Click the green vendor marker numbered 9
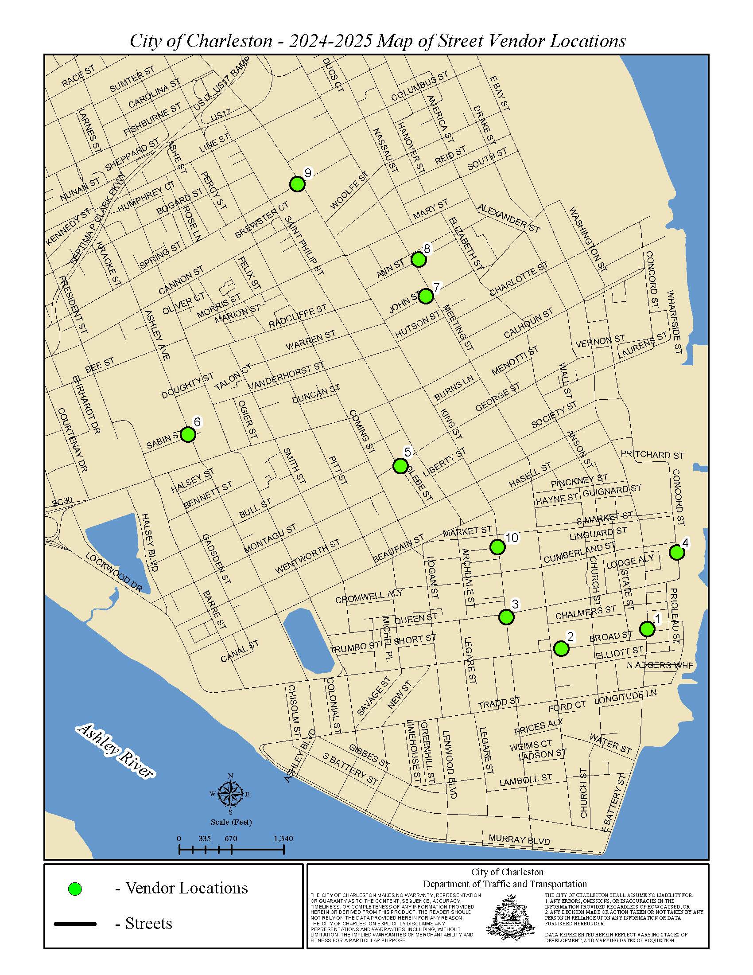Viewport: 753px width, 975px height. [x=297, y=184]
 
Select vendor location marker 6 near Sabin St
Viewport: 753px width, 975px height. [x=188, y=434]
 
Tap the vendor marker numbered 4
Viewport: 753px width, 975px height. [x=677, y=552]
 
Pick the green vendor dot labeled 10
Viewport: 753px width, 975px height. [x=497, y=546]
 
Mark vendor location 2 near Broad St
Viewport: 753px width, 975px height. [x=561, y=649]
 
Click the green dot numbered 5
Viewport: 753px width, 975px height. [x=400, y=466]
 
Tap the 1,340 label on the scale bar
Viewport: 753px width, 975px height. [x=283, y=839]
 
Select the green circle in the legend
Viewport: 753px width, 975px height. [x=75, y=889]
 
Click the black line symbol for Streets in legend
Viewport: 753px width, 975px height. [x=75, y=924]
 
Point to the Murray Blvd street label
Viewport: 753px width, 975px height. [x=519, y=840]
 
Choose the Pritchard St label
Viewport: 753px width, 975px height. [x=652, y=455]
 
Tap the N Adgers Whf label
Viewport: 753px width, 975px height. [x=660, y=665]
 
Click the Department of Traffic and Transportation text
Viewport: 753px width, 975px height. [x=505, y=885]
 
